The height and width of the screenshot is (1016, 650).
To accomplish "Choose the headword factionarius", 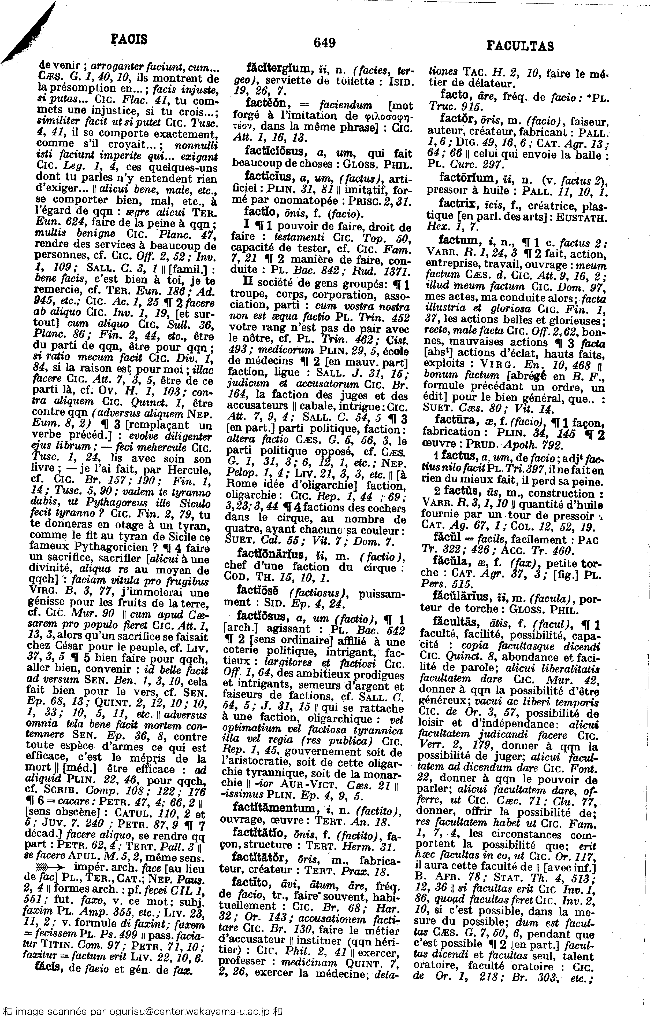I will click(270, 553).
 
